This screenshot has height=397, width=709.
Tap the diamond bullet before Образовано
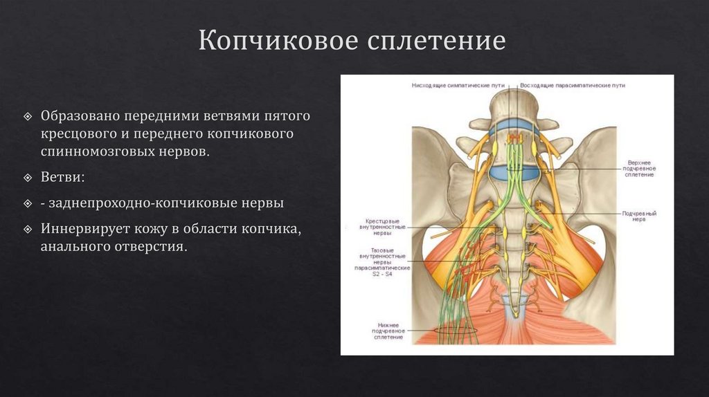(x=27, y=115)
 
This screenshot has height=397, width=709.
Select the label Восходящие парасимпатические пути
(x=573, y=85)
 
